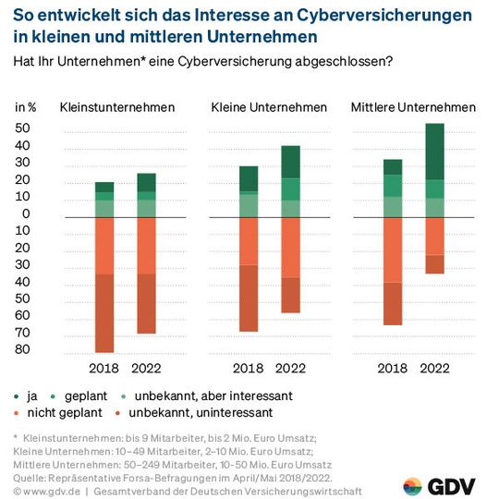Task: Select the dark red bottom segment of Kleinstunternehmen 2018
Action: (104, 312)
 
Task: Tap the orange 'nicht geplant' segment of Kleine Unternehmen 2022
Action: (291, 247)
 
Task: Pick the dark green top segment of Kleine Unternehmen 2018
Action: (248, 178)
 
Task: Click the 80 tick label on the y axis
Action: (23, 349)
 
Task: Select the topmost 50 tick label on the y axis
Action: (23, 128)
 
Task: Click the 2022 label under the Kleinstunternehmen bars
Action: (146, 368)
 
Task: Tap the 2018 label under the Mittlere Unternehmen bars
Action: (393, 368)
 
